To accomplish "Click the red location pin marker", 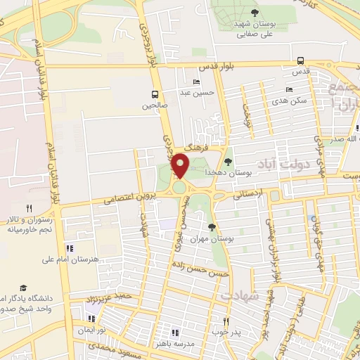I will coord(181,165).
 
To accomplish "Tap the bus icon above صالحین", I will coord(155,94).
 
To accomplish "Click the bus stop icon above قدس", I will coord(300,60).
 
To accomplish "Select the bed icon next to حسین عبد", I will coord(196,82).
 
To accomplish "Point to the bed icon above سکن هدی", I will coord(290,90).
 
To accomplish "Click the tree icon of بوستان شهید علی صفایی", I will coord(254,13).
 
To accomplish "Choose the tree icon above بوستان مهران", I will coord(212,226).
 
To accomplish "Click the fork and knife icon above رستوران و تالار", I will coord(29,207).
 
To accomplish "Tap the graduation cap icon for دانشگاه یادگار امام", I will coord(25,288).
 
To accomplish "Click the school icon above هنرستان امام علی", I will coord(69,248).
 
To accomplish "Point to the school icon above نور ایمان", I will coord(89,319).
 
